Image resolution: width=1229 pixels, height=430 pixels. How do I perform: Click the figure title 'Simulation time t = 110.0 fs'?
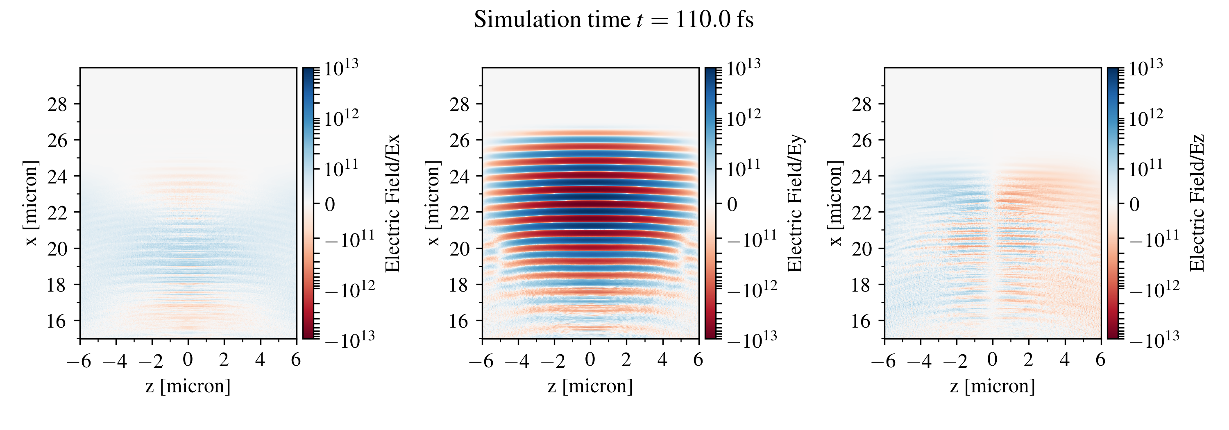pyautogui.click(x=614, y=20)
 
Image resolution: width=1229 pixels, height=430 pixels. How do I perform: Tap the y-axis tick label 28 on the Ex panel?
pyautogui.click(x=57, y=104)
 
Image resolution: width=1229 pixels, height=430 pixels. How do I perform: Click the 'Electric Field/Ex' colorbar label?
pyautogui.click(x=392, y=204)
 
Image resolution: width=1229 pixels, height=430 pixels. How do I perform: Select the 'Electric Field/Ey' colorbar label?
pyautogui.click(x=795, y=204)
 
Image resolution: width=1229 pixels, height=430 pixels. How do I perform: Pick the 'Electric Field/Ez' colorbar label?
pyautogui.click(x=1197, y=204)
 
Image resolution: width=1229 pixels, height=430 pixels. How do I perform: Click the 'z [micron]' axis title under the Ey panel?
pyautogui.click(x=590, y=386)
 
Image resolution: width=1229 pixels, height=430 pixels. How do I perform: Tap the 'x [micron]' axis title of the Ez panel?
pyautogui.click(x=835, y=204)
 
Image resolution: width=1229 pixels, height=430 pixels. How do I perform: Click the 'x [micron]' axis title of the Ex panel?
pyautogui.click(x=31, y=204)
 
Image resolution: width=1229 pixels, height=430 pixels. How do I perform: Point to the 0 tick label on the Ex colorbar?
pyautogui.click(x=330, y=204)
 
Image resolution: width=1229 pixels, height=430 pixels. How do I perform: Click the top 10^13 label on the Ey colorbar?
pyautogui.click(x=743, y=67)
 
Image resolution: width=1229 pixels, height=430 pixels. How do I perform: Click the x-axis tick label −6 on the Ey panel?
pyautogui.click(x=481, y=361)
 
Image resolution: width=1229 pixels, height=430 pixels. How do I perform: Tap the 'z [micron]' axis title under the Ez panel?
pyautogui.click(x=992, y=386)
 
